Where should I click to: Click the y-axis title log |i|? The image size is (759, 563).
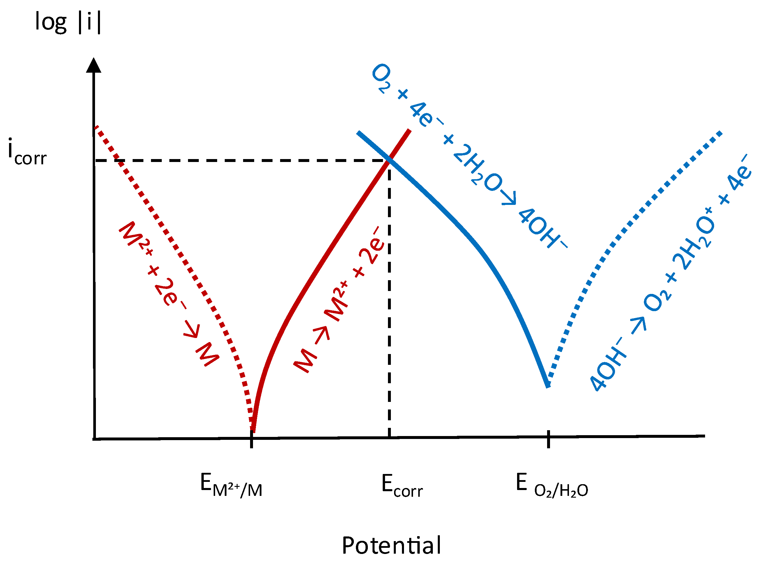coord(68,22)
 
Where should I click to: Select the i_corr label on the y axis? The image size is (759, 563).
coord(27,152)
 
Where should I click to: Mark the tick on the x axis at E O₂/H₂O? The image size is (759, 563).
coord(548,439)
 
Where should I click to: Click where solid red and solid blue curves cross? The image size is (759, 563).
coord(389,159)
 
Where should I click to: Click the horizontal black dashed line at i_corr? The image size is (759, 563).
coord(242,160)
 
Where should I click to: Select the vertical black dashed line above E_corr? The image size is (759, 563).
coord(389,298)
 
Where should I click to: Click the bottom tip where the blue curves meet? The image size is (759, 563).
coord(548,386)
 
